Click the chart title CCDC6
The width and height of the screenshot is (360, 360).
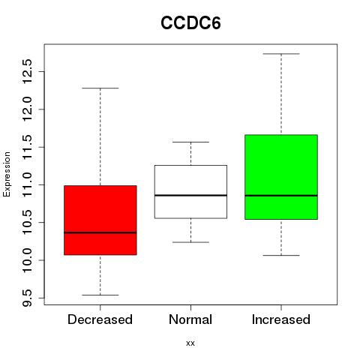190,23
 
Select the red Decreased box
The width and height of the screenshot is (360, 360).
100,220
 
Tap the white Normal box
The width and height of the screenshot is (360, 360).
190,192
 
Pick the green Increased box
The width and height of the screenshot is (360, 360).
281,177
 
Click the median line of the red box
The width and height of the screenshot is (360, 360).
100,232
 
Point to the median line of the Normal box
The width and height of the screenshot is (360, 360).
190,195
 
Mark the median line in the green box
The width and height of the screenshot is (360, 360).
281,196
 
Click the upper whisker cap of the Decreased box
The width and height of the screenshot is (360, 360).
100,88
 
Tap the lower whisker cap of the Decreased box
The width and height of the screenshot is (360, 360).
100,295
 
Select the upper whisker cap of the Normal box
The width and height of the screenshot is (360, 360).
190,142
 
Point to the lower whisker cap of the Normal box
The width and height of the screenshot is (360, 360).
190,242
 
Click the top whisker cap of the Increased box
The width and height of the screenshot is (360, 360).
281,54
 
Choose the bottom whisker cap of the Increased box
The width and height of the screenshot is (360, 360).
281,255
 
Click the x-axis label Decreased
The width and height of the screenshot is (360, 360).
100,319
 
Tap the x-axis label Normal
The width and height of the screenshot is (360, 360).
190,319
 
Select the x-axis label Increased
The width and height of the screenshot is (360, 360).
281,319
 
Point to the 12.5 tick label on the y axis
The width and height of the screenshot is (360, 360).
27,71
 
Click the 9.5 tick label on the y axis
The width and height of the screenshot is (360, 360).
27,298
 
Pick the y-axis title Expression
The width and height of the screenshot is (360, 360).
7,175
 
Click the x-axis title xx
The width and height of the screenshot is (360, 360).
190,343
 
